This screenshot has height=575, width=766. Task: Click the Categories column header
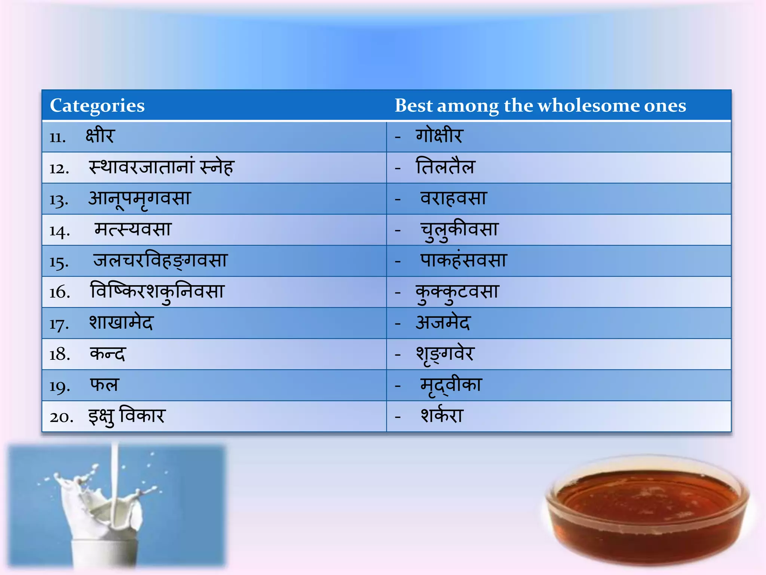coord(97,106)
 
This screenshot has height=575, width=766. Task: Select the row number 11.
coord(58,137)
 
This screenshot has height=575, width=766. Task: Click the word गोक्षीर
coord(439,136)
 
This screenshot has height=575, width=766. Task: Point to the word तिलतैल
coord(445,167)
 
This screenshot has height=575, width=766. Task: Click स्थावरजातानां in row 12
coord(142,167)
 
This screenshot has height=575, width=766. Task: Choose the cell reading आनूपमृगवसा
coord(140,199)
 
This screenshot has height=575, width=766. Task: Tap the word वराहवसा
coord(453,198)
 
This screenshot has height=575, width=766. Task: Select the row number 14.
coord(59,231)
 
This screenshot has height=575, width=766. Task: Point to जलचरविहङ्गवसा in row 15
coord(160,261)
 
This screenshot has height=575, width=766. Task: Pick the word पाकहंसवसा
coord(463,260)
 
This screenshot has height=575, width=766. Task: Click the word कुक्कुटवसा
coord(457,292)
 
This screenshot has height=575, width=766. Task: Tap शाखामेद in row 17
coord(121,323)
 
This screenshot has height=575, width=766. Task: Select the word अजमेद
coord(443,323)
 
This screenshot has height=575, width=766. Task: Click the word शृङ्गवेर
coord(445,355)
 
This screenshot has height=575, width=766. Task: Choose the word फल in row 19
coord(104,385)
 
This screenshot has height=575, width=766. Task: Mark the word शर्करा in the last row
coord(442,416)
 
